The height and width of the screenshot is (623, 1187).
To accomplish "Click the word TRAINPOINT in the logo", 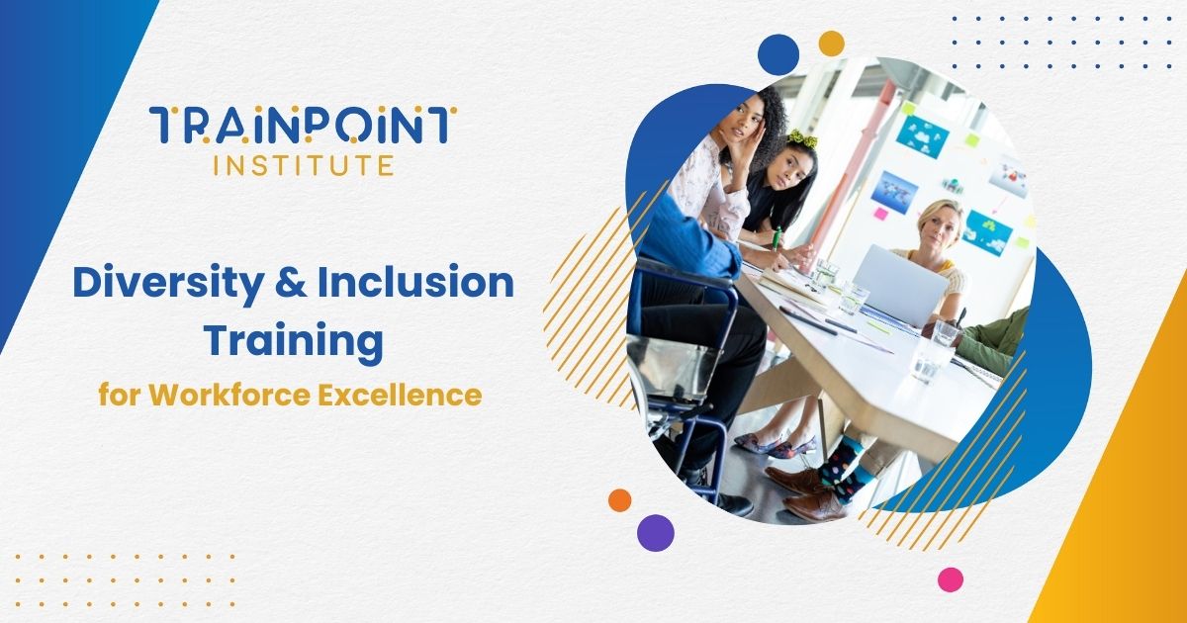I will coord(303,126).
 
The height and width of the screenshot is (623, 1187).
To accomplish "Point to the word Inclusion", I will coord(415,284).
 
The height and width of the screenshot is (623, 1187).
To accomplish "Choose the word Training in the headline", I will coord(294,341).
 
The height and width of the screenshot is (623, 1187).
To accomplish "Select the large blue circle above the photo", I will coord(778,53).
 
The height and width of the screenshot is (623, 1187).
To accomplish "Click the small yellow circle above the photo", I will coord(832,43).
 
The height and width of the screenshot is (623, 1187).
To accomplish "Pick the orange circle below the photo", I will coord(620,500).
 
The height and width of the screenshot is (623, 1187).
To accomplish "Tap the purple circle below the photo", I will coord(656,532).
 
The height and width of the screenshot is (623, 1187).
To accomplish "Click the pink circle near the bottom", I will coord(951,579).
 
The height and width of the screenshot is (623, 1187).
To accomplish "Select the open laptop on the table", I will coord(899,284).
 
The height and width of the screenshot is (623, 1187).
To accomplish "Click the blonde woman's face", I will coord(939,224).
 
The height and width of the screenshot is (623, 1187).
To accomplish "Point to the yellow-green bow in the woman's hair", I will coord(801,139).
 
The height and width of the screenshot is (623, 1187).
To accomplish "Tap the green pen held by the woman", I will coord(777,238).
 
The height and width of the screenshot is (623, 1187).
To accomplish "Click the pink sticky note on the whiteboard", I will coord(879,213).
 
